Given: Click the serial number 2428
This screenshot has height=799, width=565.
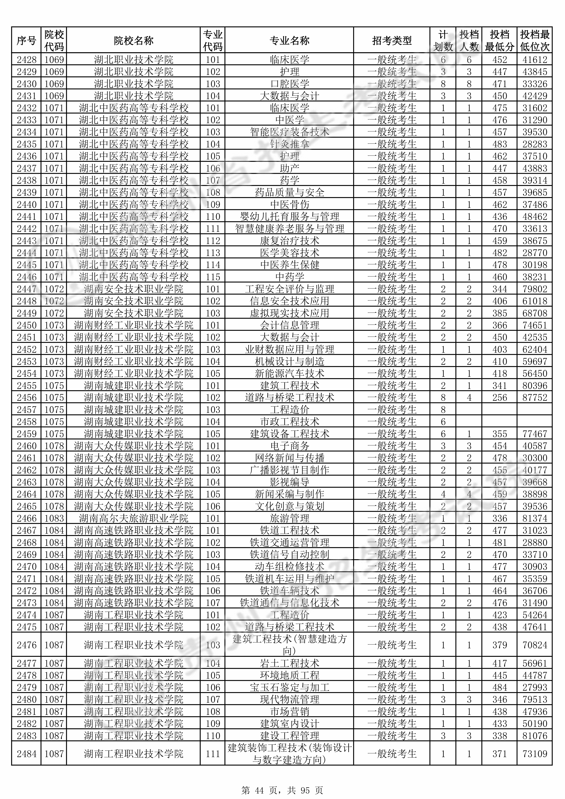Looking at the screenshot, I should point(26,59).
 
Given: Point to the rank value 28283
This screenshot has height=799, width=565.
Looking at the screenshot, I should point(535,144).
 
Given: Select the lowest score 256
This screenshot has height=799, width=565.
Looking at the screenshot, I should point(500,397).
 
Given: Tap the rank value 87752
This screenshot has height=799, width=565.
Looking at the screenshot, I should point(535,397).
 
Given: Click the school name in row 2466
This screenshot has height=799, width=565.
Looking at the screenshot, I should point(133,518).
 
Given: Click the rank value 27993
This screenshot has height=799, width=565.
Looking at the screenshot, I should point(535,687).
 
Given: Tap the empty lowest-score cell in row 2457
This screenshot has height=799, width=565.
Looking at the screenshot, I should point(500,410).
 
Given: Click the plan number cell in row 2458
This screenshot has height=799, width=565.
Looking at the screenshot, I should point(443,422).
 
